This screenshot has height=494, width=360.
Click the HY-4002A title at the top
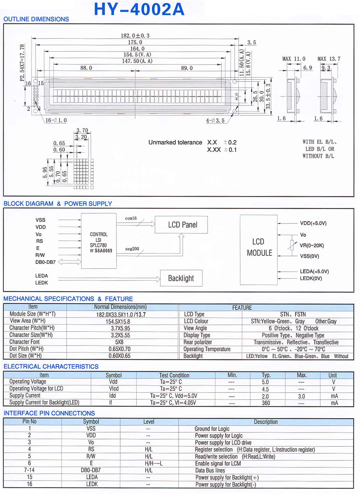[139, 9]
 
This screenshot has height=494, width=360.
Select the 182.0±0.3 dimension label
[135, 36]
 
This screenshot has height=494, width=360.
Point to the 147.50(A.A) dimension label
[137, 61]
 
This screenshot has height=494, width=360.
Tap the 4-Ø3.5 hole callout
[215, 120]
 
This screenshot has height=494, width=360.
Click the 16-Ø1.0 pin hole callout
[56, 120]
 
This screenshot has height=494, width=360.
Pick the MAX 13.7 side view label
[329, 59]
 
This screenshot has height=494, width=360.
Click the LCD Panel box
[181, 225]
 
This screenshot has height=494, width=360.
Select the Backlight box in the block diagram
[181, 278]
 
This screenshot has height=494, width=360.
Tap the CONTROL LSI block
[99, 241]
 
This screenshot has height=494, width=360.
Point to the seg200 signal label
[132, 249]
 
